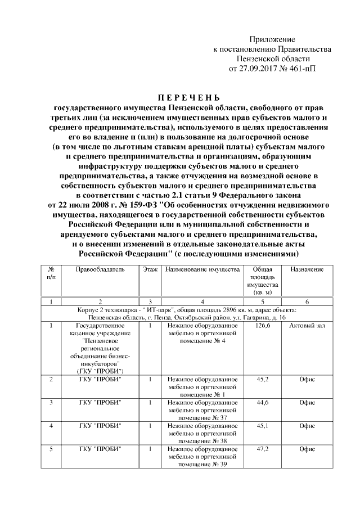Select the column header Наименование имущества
point(202,270)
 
